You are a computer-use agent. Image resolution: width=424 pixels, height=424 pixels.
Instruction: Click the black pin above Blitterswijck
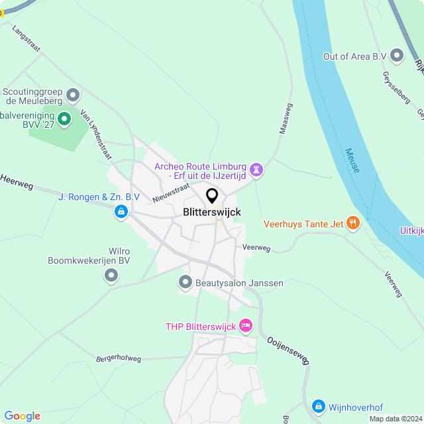pyautogui.click(x=212, y=196)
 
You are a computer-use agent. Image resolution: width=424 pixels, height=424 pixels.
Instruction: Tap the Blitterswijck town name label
pyautogui.click(x=212, y=212)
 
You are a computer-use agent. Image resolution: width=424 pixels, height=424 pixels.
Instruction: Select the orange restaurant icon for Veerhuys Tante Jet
pyautogui.click(x=352, y=223)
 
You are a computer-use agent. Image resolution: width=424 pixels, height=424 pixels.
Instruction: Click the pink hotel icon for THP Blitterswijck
pyautogui.click(x=246, y=325)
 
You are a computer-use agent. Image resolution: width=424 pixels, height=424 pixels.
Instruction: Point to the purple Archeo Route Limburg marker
pyautogui.click(x=256, y=170)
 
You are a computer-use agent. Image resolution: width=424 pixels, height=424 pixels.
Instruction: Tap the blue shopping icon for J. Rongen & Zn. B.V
pyautogui.click(x=121, y=211)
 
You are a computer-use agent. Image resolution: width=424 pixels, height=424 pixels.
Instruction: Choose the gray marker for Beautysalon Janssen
pyautogui.click(x=185, y=283)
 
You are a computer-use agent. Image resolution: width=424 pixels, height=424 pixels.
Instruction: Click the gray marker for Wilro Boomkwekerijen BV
pyautogui.click(x=111, y=276)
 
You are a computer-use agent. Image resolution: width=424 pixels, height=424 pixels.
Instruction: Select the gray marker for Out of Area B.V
pyautogui.click(x=397, y=56)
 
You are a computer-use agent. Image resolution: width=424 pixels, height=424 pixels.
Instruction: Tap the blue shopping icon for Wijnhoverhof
pyautogui.click(x=318, y=405)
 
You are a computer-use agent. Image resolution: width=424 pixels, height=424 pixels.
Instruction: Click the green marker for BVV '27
pyautogui.click(x=64, y=119)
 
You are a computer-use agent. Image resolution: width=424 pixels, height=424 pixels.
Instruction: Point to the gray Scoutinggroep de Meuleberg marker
pyautogui.click(x=74, y=95)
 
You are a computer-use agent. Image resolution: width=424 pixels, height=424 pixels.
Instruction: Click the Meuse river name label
pyautogui.click(x=352, y=160)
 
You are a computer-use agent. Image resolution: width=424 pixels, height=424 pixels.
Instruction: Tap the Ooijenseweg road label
pyautogui.click(x=288, y=350)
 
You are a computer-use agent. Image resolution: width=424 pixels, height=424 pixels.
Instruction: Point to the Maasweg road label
pyautogui.click(x=286, y=118)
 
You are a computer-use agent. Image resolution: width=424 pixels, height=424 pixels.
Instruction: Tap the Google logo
pyautogui.click(x=22, y=415)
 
